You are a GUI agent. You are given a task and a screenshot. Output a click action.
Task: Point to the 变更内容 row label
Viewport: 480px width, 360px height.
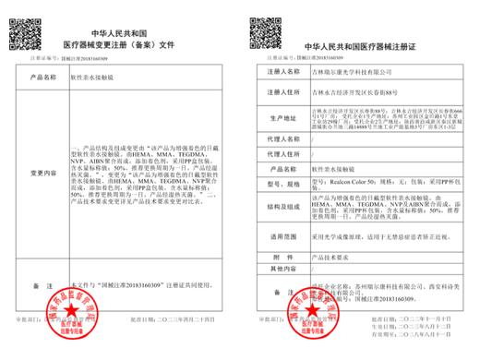(x=46, y=173)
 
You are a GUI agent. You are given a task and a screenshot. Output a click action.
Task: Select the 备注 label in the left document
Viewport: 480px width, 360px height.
(x=46, y=287)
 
